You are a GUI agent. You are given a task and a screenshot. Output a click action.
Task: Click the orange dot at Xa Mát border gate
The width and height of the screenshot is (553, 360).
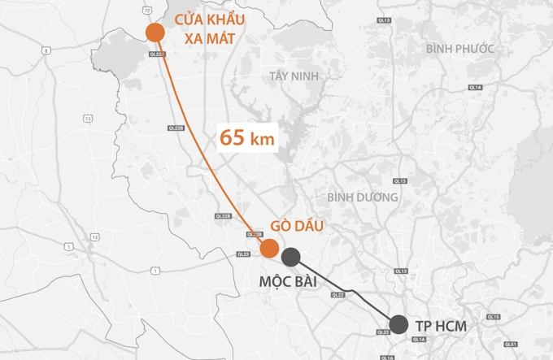155,32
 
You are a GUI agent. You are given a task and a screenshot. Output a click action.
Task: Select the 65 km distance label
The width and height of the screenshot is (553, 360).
247,137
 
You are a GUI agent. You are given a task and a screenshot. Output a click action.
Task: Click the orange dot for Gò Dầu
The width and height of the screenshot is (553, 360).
268,248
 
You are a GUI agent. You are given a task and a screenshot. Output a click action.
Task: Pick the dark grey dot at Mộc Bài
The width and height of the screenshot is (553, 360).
291,258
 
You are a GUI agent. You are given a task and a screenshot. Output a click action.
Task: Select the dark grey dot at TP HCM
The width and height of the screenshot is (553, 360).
398,324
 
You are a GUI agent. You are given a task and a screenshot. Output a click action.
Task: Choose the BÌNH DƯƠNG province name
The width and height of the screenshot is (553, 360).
363,197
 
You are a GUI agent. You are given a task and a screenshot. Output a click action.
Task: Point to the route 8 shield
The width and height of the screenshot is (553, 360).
46,50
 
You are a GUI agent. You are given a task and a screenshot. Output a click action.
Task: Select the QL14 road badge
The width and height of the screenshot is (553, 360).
476,87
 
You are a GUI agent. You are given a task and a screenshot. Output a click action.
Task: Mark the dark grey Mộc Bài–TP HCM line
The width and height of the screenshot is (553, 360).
350,292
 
